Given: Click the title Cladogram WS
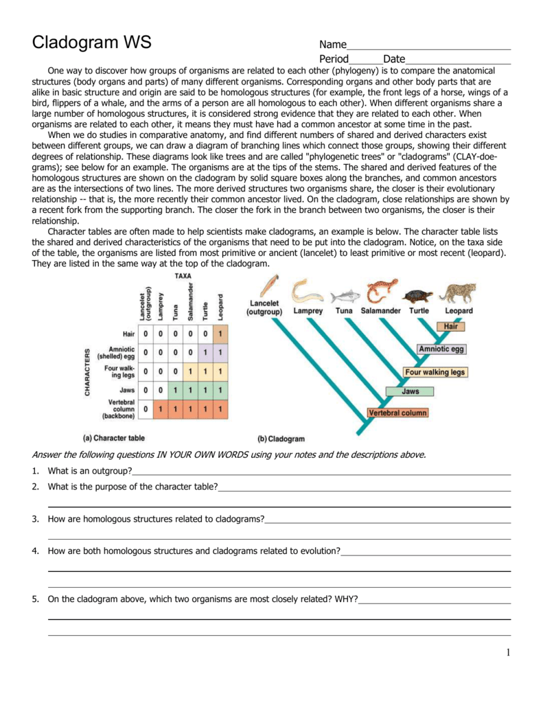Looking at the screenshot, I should [92, 43].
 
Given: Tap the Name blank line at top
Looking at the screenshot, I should [429, 45].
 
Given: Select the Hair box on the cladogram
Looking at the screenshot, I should [451, 327].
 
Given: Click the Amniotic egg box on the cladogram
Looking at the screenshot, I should [441, 349].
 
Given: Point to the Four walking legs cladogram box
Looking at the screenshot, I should [435, 372].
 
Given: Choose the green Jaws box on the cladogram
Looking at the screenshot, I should [410, 392].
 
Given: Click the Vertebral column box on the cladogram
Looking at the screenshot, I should [397, 413].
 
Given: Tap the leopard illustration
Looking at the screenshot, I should [458, 293].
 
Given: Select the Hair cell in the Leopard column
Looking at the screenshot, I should [220, 333].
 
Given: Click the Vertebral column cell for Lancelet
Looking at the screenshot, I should [145, 410].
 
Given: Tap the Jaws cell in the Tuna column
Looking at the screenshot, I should [175, 391].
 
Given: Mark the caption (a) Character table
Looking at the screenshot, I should [113, 437].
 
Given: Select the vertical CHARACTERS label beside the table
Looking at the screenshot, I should [87, 371].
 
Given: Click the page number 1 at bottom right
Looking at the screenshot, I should [507, 653].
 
